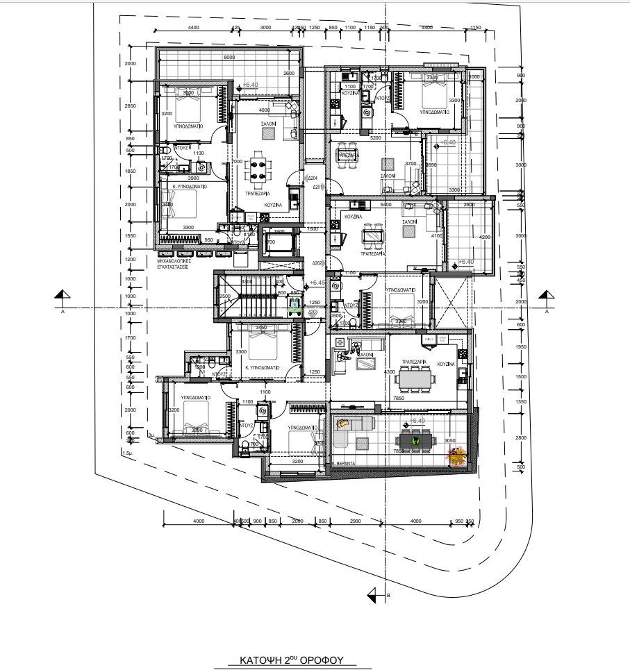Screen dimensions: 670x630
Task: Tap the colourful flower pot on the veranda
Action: point(458,455)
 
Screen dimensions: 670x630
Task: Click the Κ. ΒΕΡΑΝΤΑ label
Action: point(343,462)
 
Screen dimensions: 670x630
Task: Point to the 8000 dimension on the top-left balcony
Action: point(229,58)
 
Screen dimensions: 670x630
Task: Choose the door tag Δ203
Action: point(313,312)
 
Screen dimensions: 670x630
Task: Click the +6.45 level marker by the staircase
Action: point(317,283)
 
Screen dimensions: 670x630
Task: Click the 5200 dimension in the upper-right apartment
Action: point(376,138)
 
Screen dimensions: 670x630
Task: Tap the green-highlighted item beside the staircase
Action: point(295,303)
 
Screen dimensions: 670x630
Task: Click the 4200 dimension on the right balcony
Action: point(485,237)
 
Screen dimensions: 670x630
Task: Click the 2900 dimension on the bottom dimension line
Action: point(355,521)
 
